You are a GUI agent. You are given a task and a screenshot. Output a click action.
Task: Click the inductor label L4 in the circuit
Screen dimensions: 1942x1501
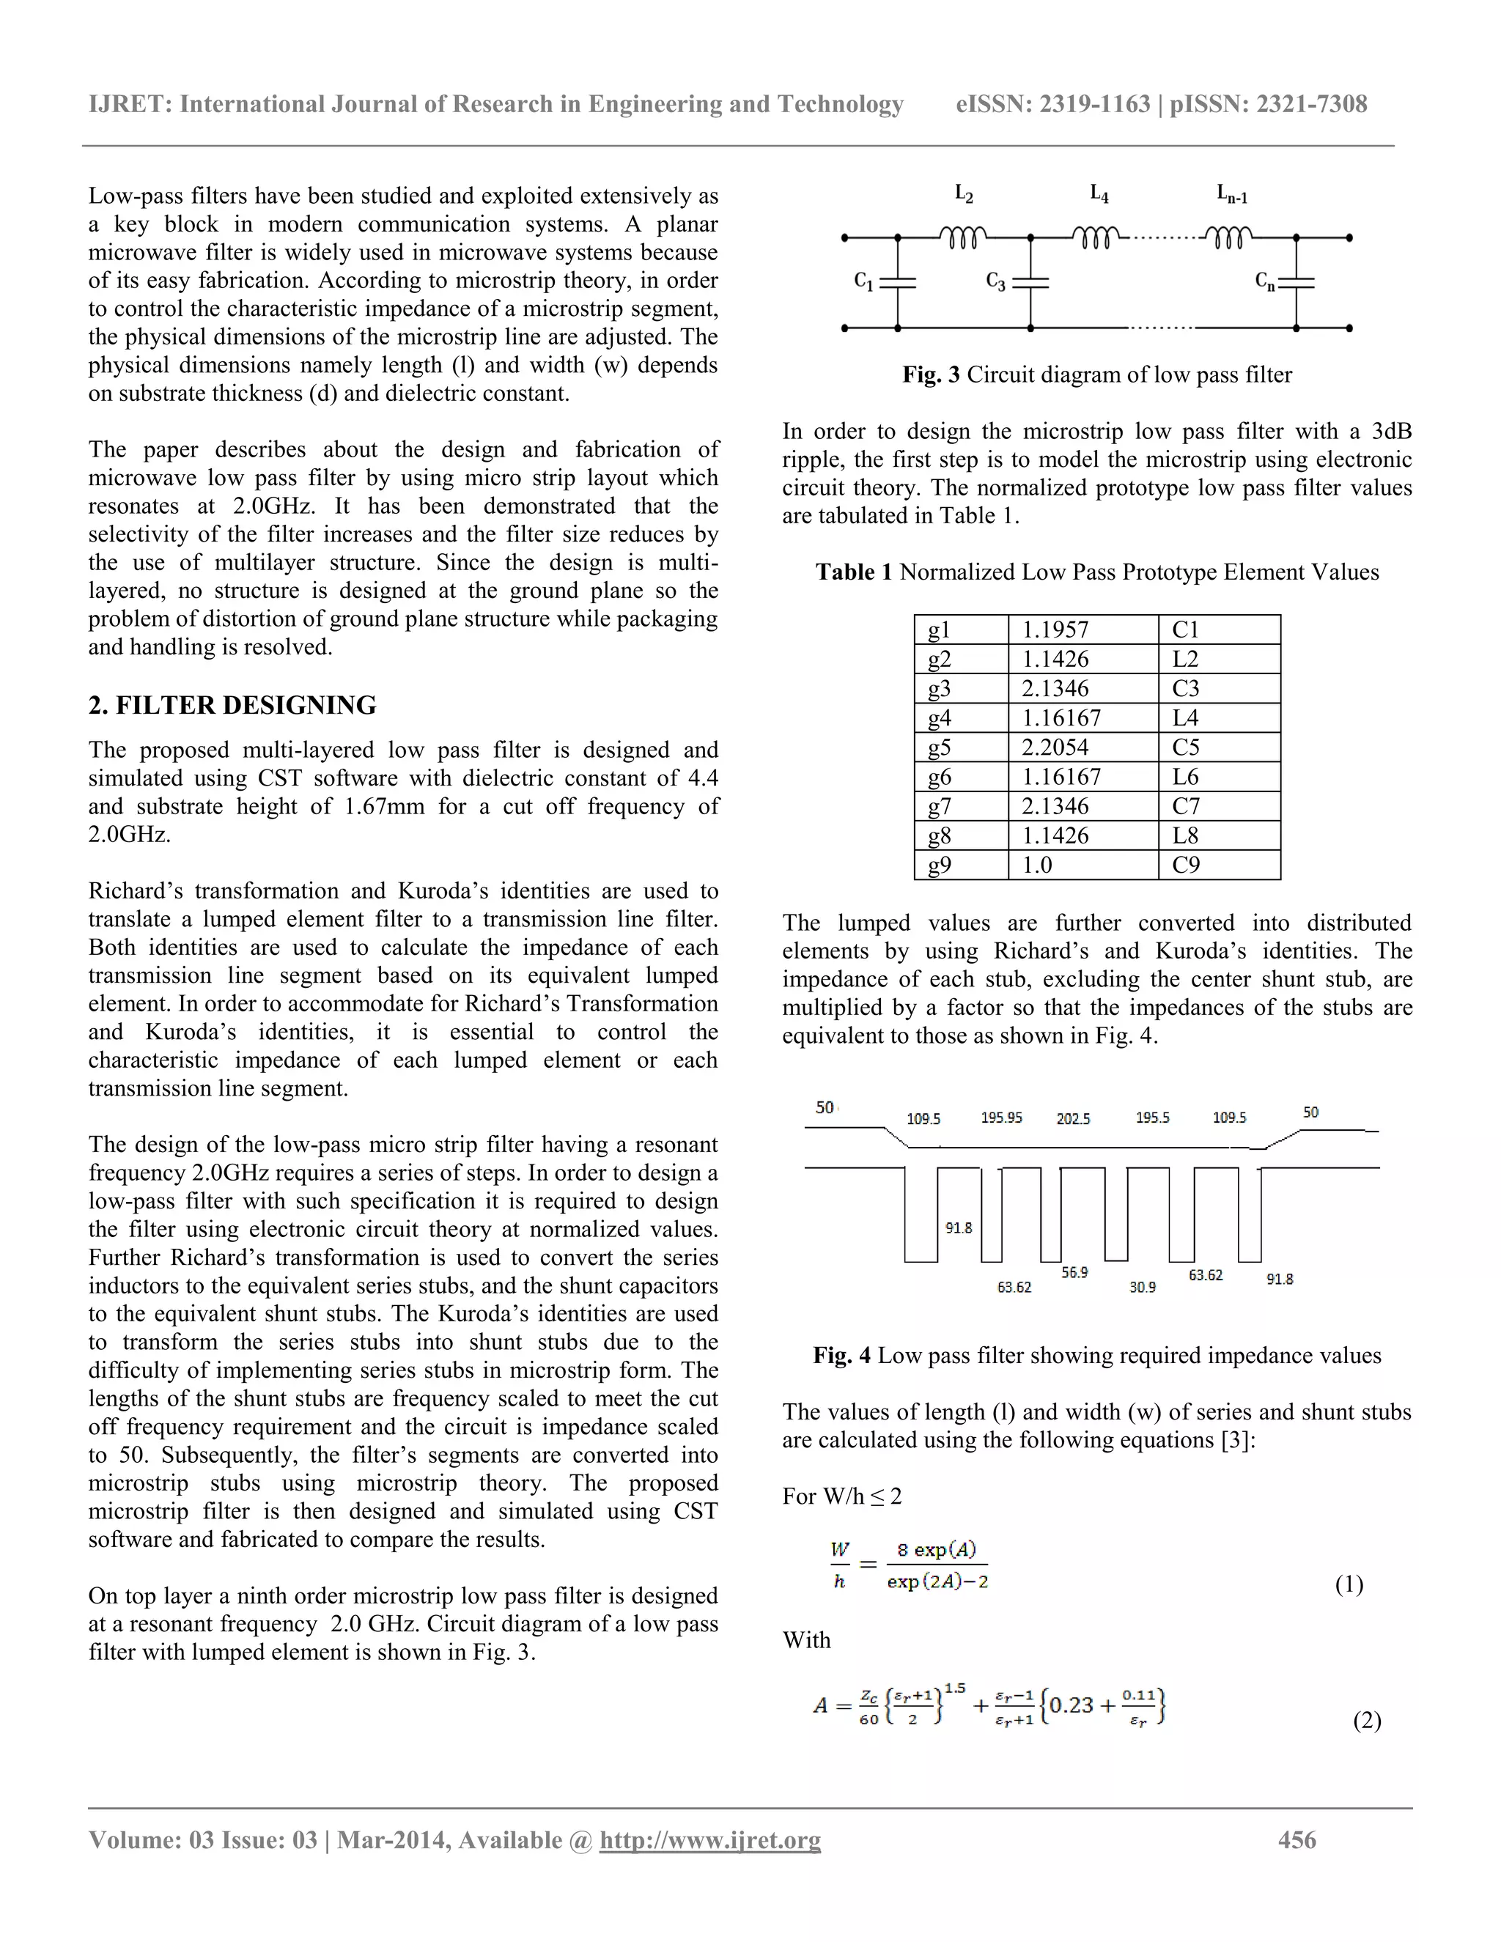1099,193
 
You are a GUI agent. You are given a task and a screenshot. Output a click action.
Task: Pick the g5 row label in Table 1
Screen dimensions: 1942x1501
940,747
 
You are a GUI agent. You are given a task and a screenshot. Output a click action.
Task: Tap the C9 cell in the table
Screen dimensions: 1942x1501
1187,864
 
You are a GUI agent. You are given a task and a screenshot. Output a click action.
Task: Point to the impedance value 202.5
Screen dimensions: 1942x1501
1073,1118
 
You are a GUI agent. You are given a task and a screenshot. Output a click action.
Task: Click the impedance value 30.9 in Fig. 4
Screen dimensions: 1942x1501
1143,1287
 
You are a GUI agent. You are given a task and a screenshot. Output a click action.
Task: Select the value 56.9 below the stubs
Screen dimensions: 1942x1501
1074,1272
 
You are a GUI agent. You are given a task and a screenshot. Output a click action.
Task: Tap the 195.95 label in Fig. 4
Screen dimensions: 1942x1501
1001,1118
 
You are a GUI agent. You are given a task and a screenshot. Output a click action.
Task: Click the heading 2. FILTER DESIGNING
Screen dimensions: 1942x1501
232,705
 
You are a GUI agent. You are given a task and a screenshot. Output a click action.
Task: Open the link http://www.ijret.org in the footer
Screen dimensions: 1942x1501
709,1839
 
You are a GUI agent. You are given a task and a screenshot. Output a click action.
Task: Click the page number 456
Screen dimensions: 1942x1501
1297,1839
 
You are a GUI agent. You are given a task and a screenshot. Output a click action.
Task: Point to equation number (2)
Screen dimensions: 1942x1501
1367,1721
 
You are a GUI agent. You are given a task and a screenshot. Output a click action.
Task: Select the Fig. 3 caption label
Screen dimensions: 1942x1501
931,374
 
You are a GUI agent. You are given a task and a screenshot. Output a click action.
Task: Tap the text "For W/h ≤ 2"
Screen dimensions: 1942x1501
842,1496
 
